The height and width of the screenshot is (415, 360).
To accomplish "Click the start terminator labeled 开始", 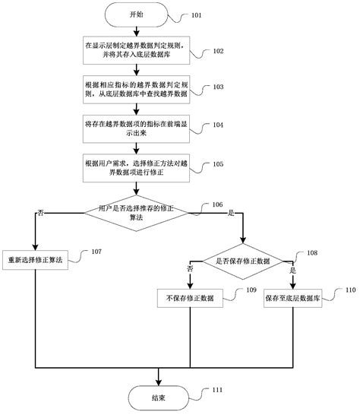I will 135,14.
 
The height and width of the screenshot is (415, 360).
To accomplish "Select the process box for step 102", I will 135,51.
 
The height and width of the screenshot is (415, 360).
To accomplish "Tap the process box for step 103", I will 135,88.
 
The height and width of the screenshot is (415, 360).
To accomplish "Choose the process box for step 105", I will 135,166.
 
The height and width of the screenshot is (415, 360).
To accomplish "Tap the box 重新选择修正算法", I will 36,258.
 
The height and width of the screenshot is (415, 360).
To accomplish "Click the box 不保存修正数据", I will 185,299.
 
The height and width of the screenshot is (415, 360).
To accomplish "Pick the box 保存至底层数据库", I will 293,299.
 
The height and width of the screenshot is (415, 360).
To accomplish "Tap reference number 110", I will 350,290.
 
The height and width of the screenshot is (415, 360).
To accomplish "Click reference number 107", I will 96,252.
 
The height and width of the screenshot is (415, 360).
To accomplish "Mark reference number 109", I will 251,290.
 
